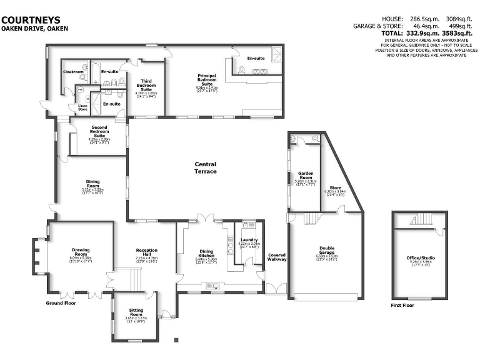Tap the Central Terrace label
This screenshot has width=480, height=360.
pos(206,167)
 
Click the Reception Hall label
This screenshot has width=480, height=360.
pos(147,252)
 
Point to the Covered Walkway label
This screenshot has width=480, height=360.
pos(277,257)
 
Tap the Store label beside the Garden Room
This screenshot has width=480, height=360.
pos(335,187)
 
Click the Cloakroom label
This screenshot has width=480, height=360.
pos(73,72)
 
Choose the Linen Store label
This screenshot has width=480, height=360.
pos(82,107)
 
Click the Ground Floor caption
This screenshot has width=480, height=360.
pos(61,303)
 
